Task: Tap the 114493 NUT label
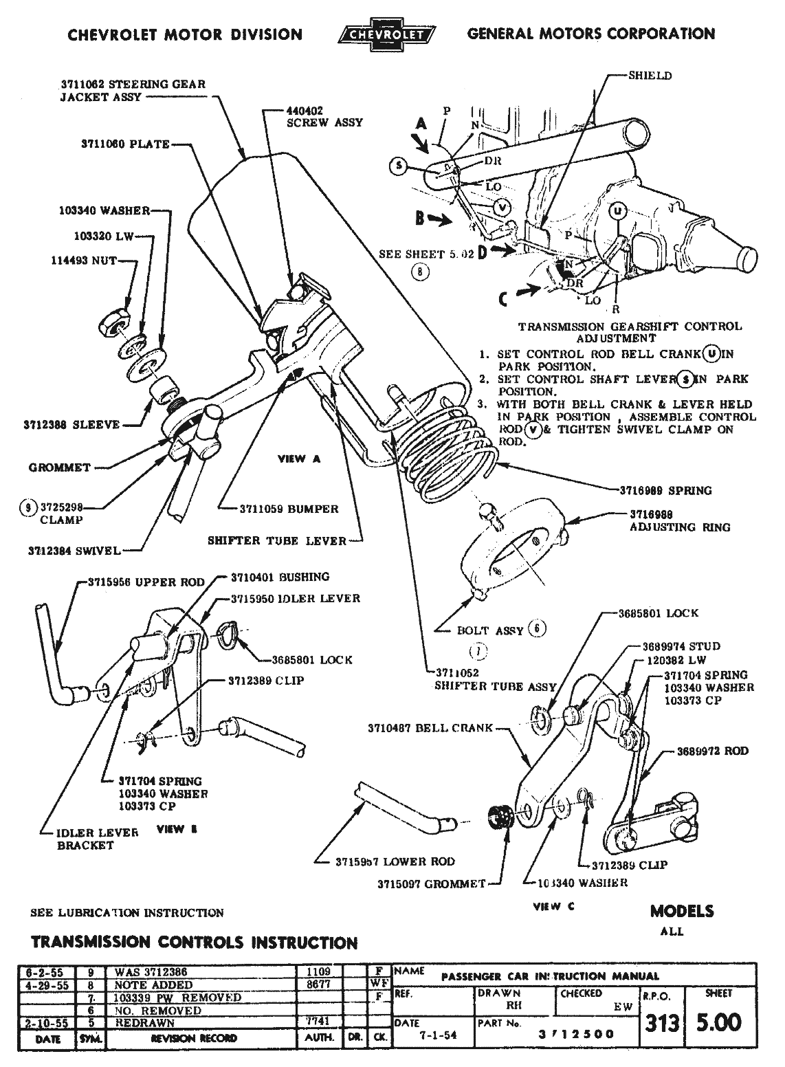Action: point(84,261)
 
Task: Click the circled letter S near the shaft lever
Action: point(397,165)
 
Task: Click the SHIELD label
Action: point(650,76)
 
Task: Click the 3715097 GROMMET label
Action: point(431,883)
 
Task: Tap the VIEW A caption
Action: point(299,459)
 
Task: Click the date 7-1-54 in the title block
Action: point(426,1034)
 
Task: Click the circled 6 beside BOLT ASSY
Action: point(538,628)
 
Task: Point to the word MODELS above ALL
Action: point(681,911)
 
